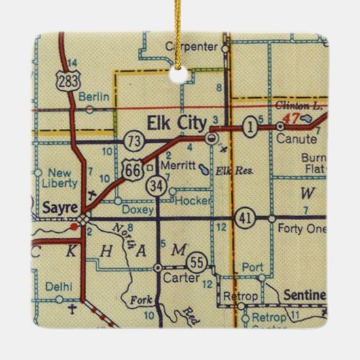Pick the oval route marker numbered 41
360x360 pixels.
tap(244, 219)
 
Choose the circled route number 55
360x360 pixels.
tap(197, 262)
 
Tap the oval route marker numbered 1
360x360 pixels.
tap(252, 126)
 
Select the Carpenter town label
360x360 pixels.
tap(192, 47)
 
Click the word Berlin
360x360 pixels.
tap(94, 97)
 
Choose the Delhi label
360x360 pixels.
tap(59, 287)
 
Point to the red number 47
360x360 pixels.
tap(291, 118)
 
